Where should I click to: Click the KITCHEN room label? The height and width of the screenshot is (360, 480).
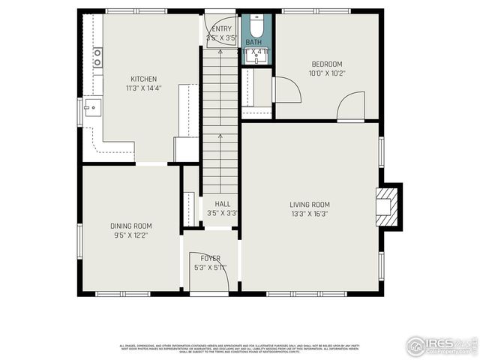[x=144, y=79]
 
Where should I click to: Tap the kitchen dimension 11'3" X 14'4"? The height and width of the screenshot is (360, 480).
[x=144, y=87]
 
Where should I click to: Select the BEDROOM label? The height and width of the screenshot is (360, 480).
[x=326, y=64]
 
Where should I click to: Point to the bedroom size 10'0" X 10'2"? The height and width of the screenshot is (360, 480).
[x=326, y=73]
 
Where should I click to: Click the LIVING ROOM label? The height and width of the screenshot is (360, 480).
[x=310, y=205]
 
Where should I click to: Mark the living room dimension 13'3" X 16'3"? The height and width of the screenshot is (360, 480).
[x=310, y=214]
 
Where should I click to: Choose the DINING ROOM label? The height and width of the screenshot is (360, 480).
[x=131, y=226]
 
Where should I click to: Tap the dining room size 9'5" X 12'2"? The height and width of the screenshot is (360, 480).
[x=131, y=235]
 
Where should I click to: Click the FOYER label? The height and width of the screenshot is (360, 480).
[x=210, y=259]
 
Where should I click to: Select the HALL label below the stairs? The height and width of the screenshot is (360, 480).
[x=222, y=204]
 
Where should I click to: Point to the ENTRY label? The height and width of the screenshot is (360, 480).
[x=221, y=29]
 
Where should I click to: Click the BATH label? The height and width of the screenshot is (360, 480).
[x=254, y=43]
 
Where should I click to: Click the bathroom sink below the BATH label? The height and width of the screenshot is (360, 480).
[x=255, y=58]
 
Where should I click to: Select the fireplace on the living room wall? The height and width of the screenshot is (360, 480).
[x=387, y=204]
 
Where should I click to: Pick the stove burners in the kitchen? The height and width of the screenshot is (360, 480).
[x=97, y=58]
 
